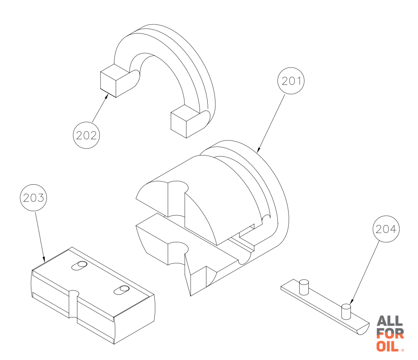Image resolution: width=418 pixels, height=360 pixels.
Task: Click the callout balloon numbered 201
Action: point(291,81)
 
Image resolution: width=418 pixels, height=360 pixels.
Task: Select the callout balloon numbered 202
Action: point(86,135)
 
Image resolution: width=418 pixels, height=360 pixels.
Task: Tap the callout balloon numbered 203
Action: point(34,198)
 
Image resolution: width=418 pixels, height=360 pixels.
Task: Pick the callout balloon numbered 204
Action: point(386,229)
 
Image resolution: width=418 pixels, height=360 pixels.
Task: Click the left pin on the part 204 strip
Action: point(304,287)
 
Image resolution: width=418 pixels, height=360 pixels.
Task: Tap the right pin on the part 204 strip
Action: point(346,311)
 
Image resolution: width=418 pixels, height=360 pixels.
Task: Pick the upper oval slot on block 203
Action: point(80,266)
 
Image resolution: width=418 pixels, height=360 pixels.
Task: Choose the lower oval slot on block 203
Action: point(122,290)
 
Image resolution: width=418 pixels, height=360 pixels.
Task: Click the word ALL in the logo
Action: point(390,321)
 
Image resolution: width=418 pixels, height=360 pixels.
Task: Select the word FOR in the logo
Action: point(390,334)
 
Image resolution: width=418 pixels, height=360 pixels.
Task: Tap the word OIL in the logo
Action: point(387,346)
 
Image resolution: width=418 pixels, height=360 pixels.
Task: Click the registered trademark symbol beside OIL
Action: point(402,350)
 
